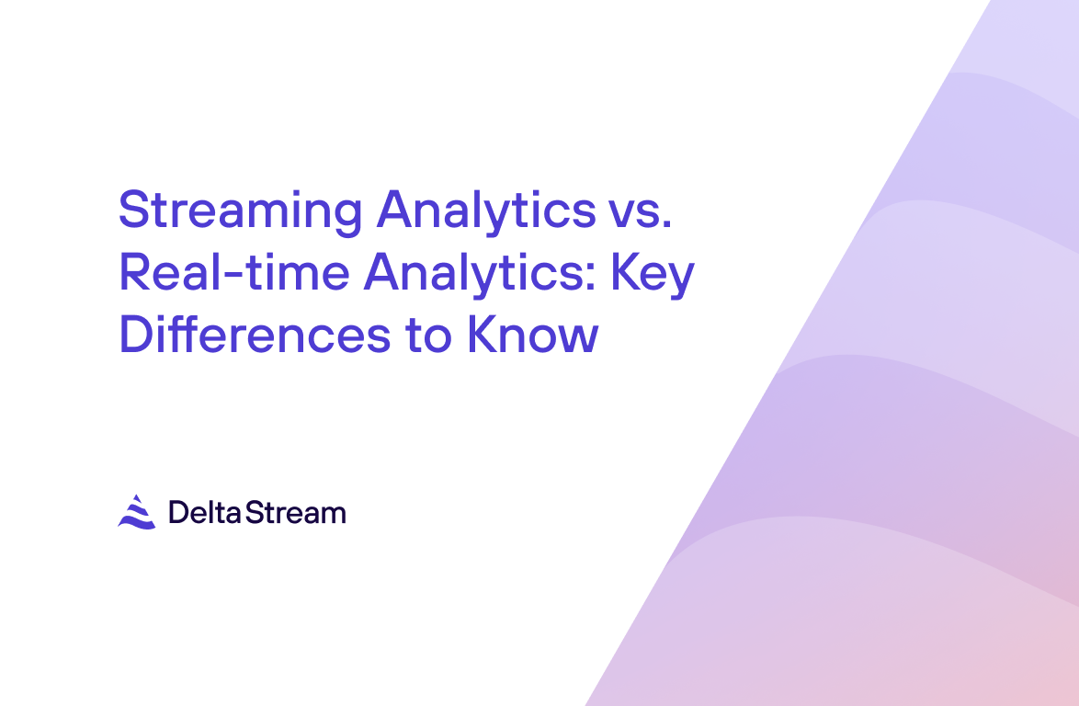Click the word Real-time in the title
(x=234, y=272)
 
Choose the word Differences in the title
(x=256, y=334)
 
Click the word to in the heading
(x=428, y=336)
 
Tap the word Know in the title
(x=533, y=336)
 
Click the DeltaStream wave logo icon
(x=137, y=512)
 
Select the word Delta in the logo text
(x=204, y=513)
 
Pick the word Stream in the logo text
(x=295, y=513)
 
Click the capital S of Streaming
(x=134, y=210)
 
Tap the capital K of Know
(x=483, y=335)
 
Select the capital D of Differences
(x=137, y=335)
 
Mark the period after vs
(x=665, y=223)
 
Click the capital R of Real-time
(x=136, y=272)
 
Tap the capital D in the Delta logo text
(x=178, y=513)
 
